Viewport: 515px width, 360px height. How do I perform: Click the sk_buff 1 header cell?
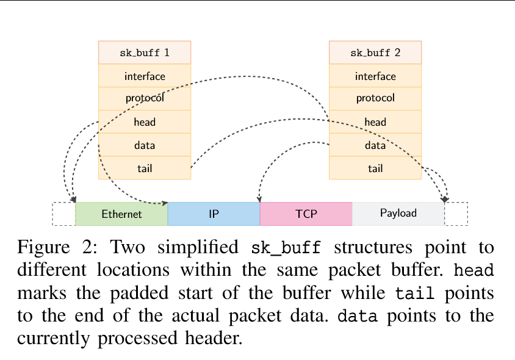click(x=145, y=52)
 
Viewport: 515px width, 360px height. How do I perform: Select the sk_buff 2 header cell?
click(x=375, y=52)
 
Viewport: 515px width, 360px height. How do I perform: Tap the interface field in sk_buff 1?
click(x=145, y=76)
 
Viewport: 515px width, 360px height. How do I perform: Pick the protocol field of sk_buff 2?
click(x=375, y=98)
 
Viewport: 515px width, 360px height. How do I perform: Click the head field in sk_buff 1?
click(x=145, y=122)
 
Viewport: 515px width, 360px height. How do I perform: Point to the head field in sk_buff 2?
click(x=375, y=122)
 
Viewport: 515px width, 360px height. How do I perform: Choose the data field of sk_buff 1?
click(x=145, y=145)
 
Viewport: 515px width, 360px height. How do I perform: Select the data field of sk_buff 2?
click(x=375, y=145)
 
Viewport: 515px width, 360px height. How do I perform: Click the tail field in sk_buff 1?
click(x=145, y=168)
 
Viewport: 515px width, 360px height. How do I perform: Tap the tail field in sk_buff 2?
click(x=375, y=168)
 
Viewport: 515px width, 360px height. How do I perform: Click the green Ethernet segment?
click(x=121, y=214)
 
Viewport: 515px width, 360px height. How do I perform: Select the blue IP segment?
click(x=214, y=214)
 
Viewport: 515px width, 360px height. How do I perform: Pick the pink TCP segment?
click(x=306, y=214)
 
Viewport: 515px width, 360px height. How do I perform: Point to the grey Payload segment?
click(x=398, y=214)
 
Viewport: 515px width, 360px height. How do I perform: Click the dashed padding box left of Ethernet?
click(x=63, y=214)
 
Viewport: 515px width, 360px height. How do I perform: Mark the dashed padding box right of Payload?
click(x=456, y=214)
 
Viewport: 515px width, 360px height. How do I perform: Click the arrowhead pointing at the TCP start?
click(x=260, y=200)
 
